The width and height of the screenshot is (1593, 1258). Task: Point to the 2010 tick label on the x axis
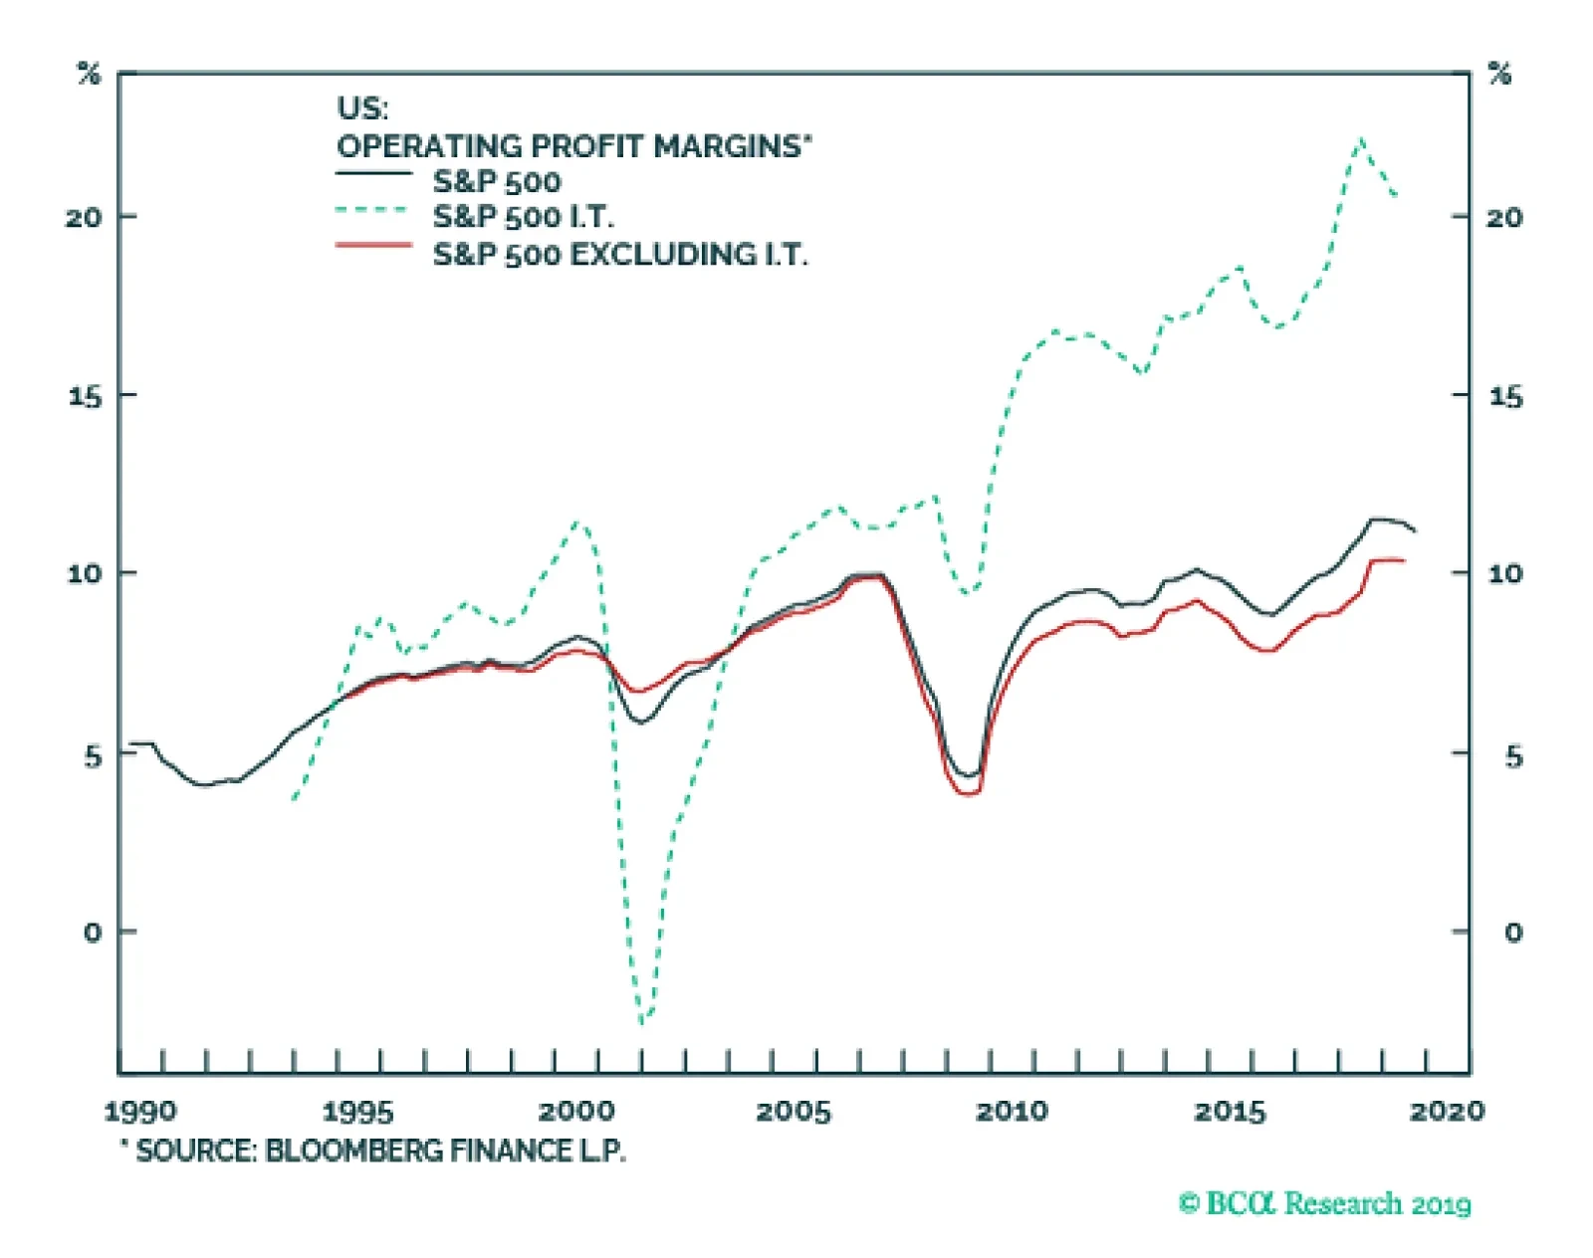pyautogui.click(x=1012, y=1112)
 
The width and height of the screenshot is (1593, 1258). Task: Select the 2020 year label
pyautogui.click(x=1447, y=1112)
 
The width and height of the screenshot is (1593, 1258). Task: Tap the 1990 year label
pyautogui.click(x=140, y=1112)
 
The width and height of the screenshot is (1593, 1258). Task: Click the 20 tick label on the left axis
pyautogui.click(x=85, y=217)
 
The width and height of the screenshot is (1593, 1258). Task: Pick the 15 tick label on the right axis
pyautogui.click(x=1505, y=397)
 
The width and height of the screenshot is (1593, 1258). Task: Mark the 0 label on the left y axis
pyautogui.click(x=93, y=933)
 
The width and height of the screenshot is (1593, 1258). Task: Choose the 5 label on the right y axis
pyautogui.click(x=1513, y=756)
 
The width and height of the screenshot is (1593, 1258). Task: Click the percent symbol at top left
pyautogui.click(x=90, y=74)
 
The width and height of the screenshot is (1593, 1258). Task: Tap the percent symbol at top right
pyautogui.click(x=1499, y=74)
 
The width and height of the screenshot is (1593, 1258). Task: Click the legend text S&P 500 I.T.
pyautogui.click(x=523, y=217)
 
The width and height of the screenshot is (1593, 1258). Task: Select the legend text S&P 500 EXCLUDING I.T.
pyautogui.click(x=619, y=255)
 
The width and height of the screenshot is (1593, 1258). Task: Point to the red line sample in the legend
pyautogui.click(x=373, y=245)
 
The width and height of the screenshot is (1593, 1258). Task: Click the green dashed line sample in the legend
pyautogui.click(x=373, y=210)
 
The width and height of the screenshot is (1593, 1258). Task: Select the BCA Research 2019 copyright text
pyautogui.click(x=1325, y=1204)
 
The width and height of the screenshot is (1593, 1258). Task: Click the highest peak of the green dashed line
pyautogui.click(x=1360, y=140)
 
